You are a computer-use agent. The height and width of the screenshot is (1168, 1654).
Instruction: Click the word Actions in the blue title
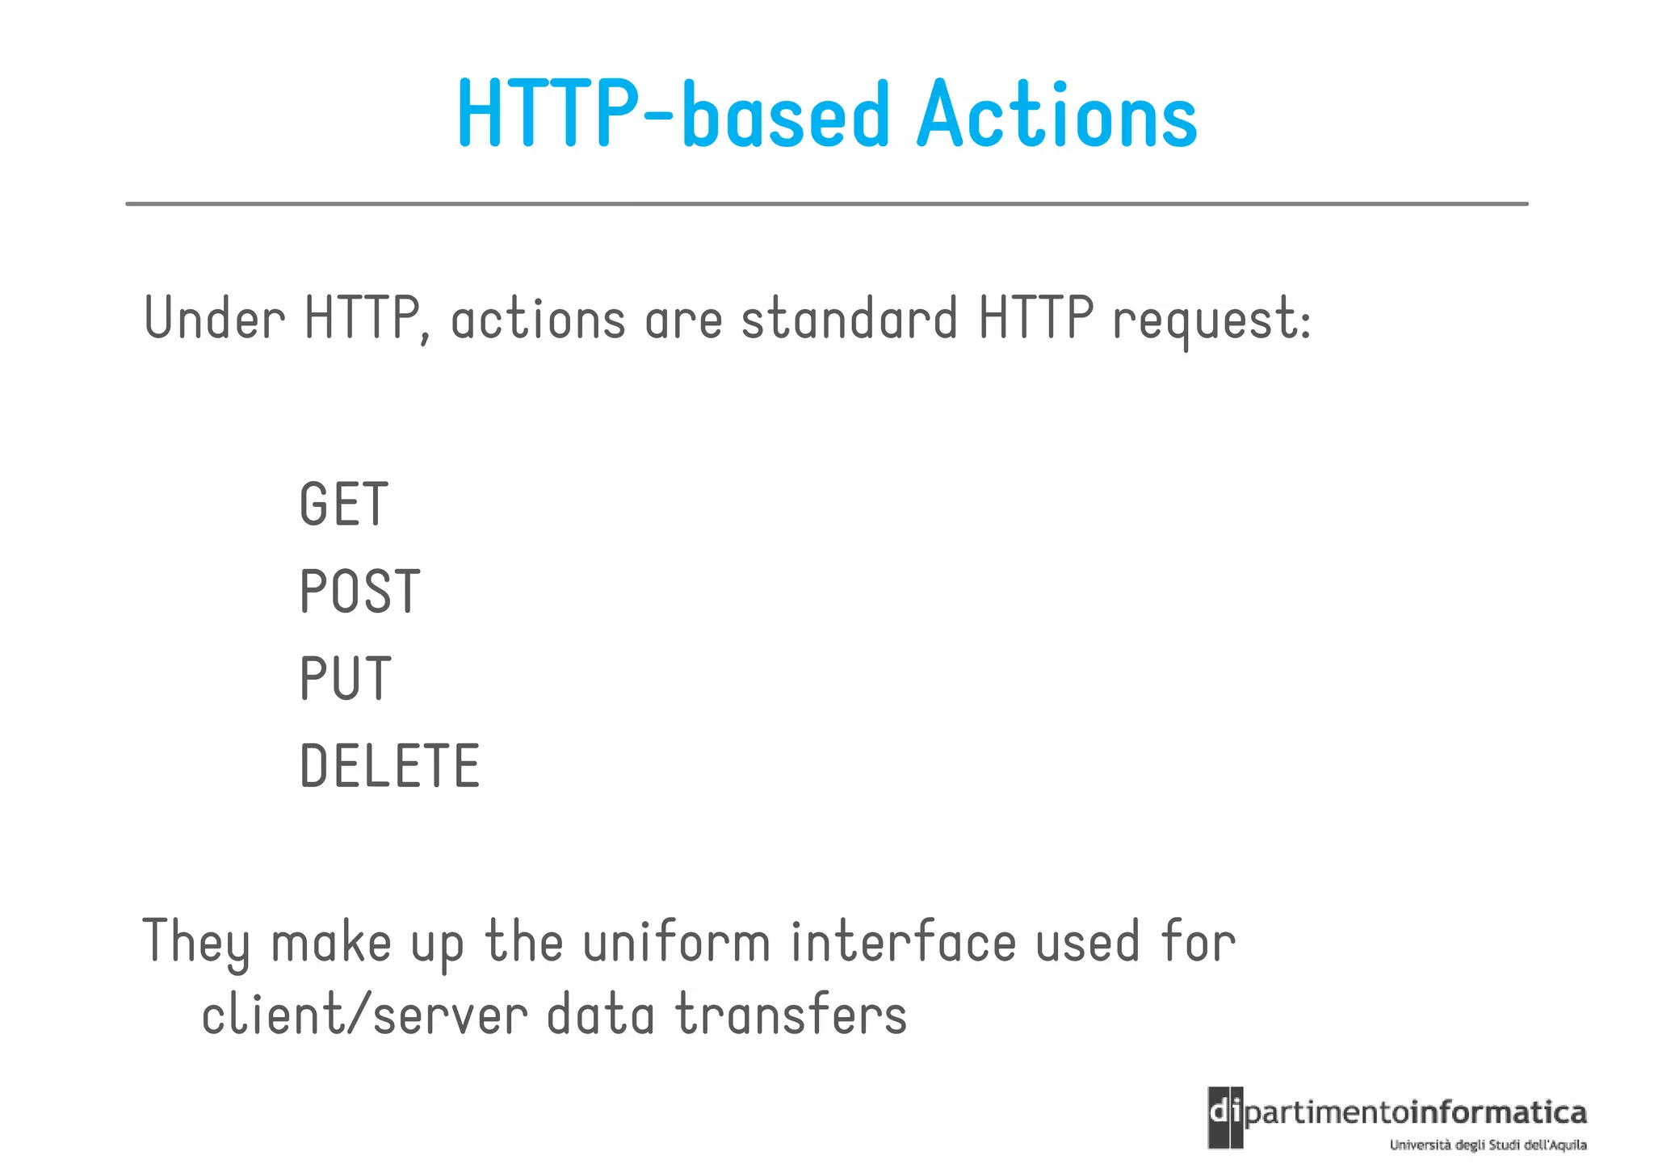click(x=1056, y=115)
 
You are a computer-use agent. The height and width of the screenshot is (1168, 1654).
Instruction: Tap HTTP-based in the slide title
click(x=674, y=115)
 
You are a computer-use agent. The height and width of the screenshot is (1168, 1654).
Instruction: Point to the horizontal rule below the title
click(x=826, y=204)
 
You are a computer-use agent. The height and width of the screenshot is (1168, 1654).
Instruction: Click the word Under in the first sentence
click(x=214, y=318)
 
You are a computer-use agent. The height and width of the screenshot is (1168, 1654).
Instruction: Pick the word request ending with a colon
click(x=1211, y=321)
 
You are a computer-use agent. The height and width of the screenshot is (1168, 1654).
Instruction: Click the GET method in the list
click(x=344, y=504)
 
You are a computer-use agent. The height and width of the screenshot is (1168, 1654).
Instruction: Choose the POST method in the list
click(x=360, y=592)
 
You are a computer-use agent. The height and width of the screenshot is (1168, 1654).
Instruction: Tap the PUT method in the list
click(x=346, y=679)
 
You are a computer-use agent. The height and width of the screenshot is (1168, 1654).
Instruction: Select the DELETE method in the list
click(x=390, y=766)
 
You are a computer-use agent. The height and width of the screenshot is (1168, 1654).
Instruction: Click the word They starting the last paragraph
click(x=196, y=943)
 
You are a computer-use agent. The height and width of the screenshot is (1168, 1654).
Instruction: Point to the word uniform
click(x=677, y=943)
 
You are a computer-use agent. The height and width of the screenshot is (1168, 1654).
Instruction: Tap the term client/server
click(x=364, y=1015)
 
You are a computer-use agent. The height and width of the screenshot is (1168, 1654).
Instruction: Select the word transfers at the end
click(x=791, y=1015)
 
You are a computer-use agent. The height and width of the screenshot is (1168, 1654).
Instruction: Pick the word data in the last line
click(x=600, y=1015)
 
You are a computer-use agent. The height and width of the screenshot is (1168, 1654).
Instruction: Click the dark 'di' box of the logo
click(x=1225, y=1117)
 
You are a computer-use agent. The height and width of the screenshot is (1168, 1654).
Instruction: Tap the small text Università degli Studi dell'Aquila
click(x=1488, y=1145)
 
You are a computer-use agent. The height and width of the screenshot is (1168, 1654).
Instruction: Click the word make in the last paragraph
click(x=331, y=943)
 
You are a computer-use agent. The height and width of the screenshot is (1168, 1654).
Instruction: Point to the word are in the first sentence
click(x=683, y=320)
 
